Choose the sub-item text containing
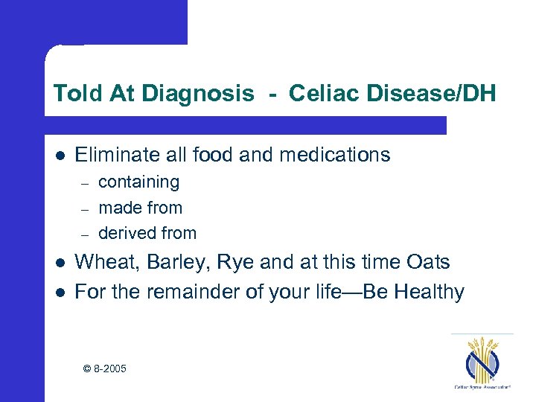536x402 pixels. (x=138, y=182)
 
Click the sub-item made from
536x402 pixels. (x=140, y=208)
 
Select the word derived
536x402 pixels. (x=126, y=233)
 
